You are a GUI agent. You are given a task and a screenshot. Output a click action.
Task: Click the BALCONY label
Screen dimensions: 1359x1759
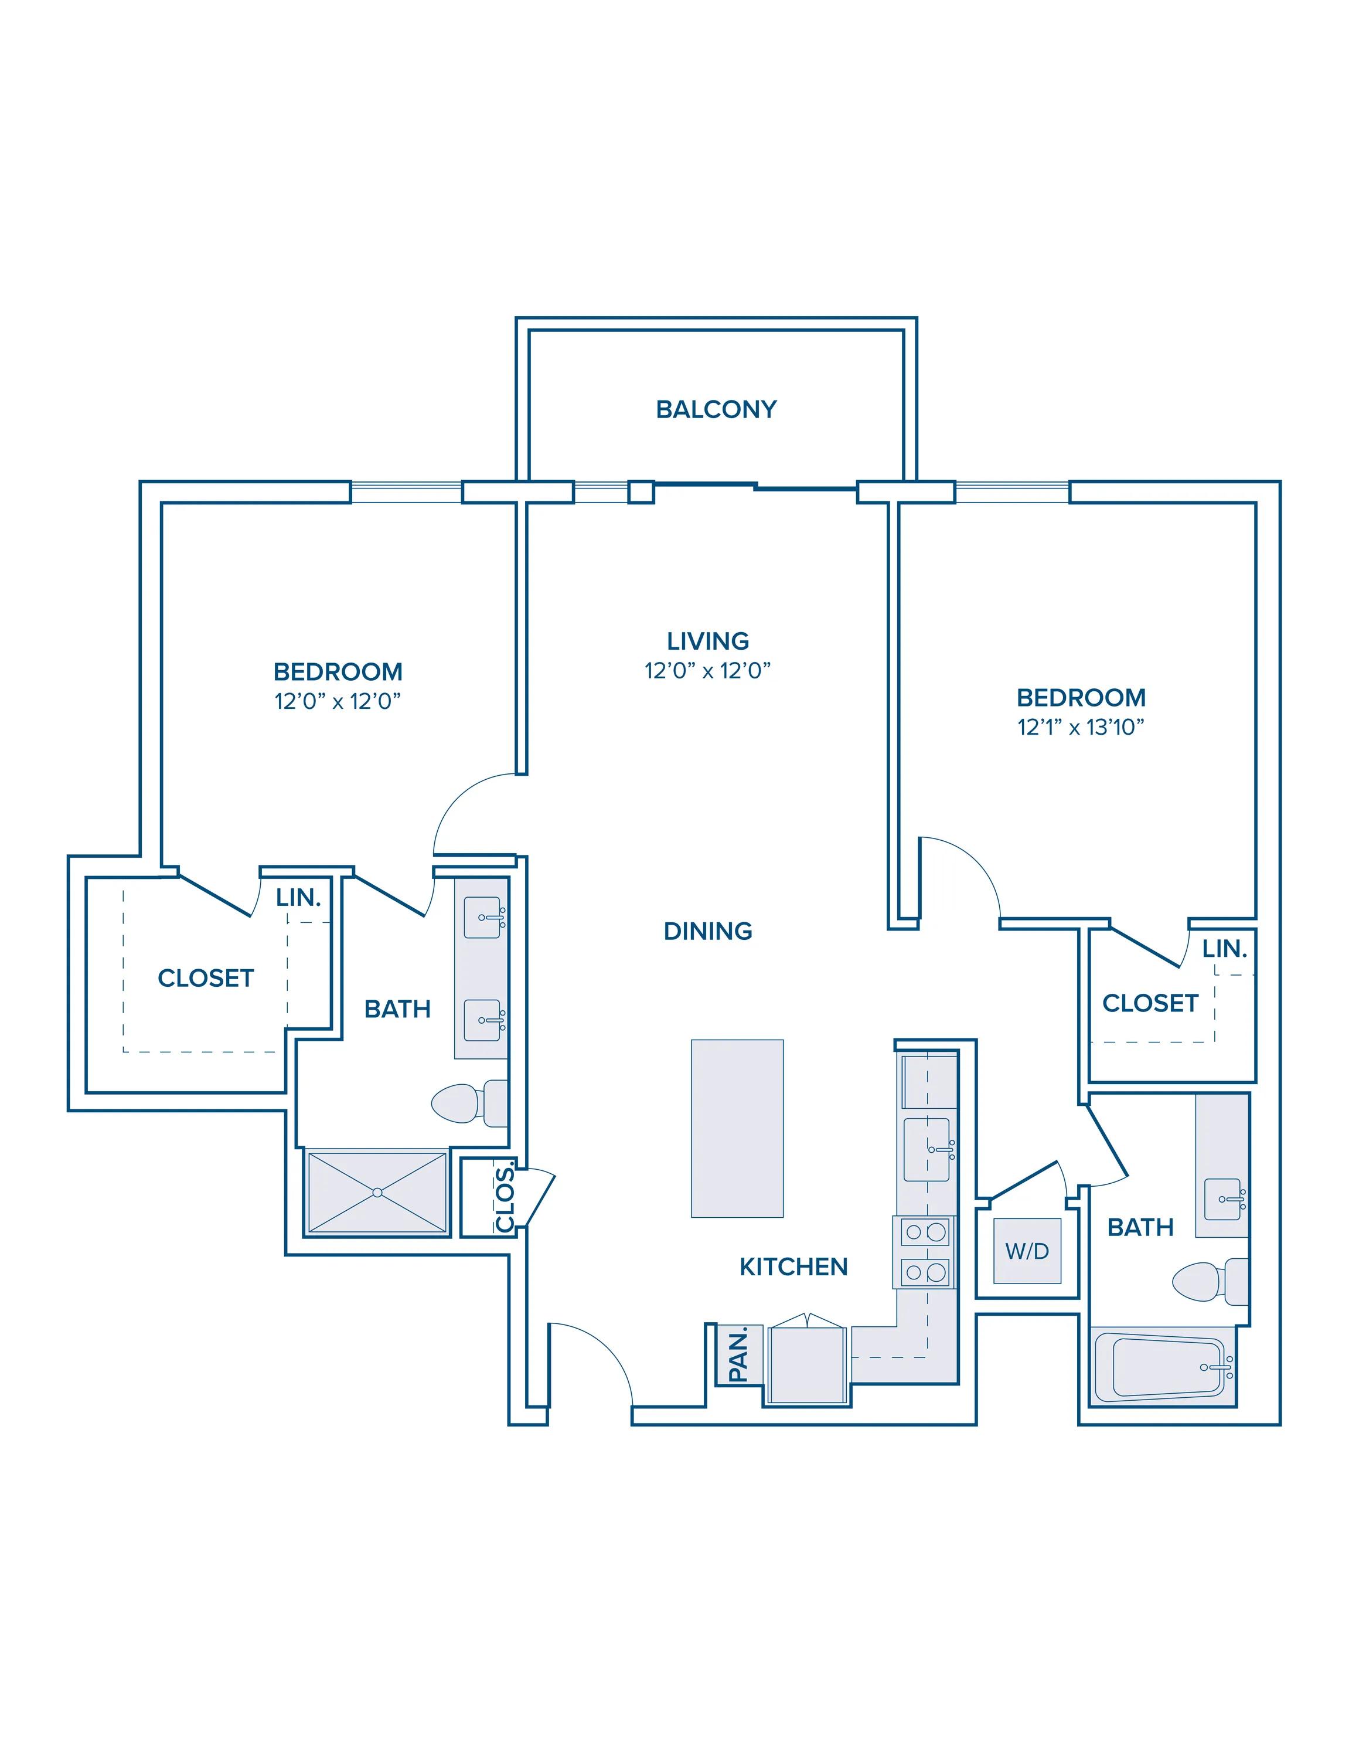point(716,409)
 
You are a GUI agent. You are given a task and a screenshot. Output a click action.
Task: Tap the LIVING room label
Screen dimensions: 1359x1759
point(708,641)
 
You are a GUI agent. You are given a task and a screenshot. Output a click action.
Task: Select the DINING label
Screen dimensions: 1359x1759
point(708,931)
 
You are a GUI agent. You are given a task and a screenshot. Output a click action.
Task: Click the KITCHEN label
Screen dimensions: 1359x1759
point(793,1267)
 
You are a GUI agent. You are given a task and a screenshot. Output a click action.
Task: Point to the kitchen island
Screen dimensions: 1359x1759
point(737,1128)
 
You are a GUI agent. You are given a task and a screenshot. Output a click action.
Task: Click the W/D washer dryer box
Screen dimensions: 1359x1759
point(1027,1251)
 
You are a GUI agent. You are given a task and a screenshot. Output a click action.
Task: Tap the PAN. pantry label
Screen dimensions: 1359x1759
point(738,1354)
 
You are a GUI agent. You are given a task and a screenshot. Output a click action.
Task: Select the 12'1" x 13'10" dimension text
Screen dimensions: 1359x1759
point(1081,727)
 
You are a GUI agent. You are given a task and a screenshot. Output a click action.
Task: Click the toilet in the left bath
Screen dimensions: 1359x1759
point(469,1102)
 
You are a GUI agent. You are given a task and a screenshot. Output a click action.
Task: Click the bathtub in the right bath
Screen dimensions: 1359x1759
point(1163,1367)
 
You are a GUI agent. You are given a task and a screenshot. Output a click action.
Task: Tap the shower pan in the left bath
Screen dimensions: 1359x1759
point(377,1192)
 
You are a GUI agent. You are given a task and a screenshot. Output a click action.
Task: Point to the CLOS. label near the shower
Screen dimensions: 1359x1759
point(505,1198)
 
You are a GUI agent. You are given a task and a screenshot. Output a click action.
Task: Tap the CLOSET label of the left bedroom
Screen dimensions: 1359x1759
point(206,978)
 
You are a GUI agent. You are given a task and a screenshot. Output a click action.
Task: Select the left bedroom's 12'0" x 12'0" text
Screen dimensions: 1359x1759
point(338,701)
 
